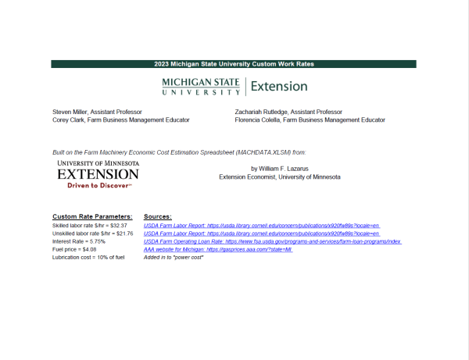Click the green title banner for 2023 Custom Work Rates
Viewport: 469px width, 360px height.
(x=234, y=64)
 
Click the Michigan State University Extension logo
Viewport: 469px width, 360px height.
(x=234, y=87)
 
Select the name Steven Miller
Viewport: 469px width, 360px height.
(x=70, y=112)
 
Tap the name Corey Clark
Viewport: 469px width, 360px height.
(x=68, y=120)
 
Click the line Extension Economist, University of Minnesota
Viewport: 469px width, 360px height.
(x=280, y=177)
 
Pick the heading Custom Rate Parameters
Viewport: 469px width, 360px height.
(x=92, y=216)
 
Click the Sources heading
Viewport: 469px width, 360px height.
(x=158, y=216)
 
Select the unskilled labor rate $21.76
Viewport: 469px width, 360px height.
(x=89, y=233)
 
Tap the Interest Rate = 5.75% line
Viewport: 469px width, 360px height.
(x=79, y=241)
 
